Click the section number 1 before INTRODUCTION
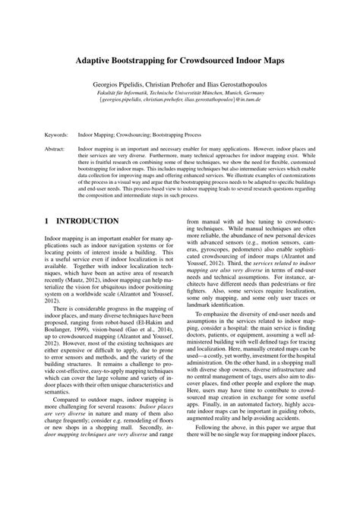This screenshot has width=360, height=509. pos(49,221)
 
